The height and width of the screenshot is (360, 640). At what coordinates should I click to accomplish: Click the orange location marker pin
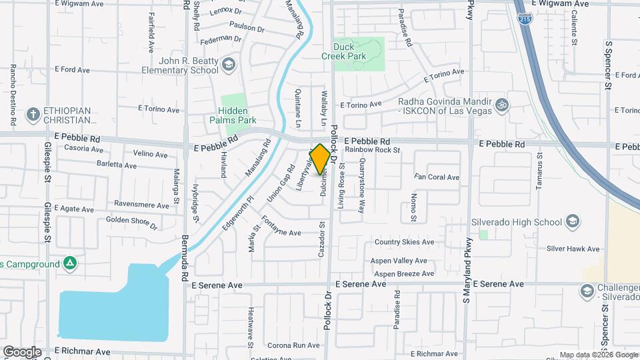click(320, 159)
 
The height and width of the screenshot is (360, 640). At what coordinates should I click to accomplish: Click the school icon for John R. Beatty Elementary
click(229, 64)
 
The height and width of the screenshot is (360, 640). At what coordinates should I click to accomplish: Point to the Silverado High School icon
click(572, 221)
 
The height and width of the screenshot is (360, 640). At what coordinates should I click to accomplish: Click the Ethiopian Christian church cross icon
click(32, 115)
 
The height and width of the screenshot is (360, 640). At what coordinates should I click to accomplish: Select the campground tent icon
click(69, 264)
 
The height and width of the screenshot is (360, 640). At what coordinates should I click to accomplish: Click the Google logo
click(22, 351)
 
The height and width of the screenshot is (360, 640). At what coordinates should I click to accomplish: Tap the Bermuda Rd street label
click(185, 261)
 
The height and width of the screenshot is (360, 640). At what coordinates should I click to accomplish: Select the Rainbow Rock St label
click(372, 150)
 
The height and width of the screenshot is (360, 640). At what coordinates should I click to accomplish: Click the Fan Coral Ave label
click(437, 177)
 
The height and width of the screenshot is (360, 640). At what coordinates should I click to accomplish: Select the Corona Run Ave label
click(294, 345)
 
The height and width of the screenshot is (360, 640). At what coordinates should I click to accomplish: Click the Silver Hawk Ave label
click(573, 249)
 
